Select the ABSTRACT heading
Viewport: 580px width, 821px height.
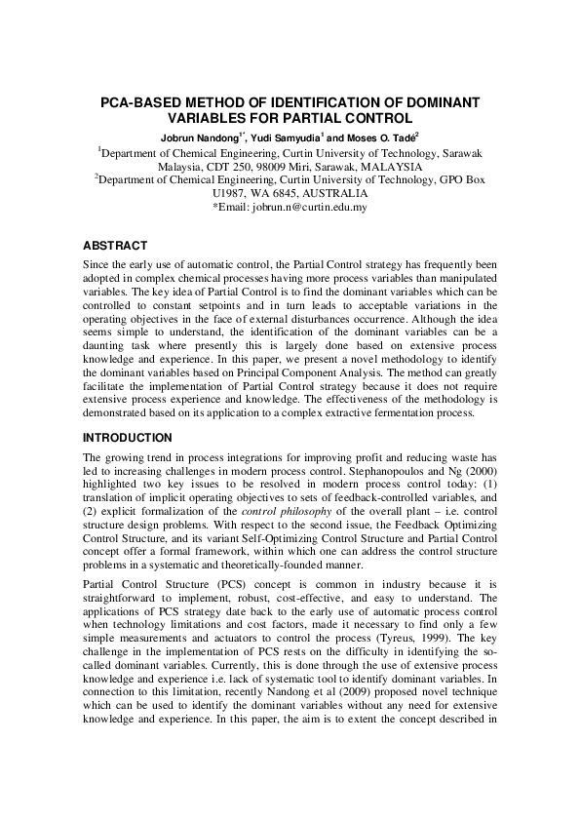coord(115,246)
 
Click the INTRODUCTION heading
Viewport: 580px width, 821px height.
coord(128,438)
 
